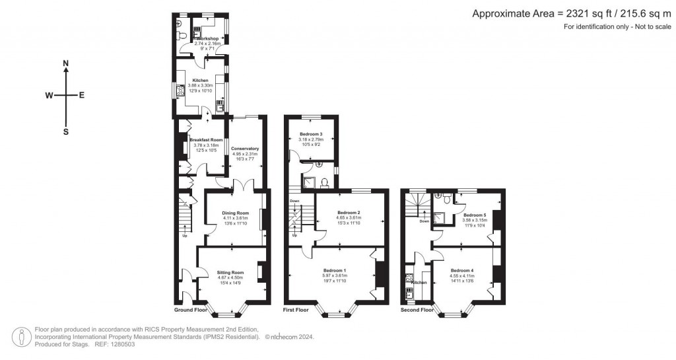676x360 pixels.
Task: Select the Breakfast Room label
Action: click(x=205, y=140)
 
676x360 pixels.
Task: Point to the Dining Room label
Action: click(x=234, y=213)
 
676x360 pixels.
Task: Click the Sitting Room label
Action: click(x=232, y=273)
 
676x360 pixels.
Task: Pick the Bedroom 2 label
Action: click(x=348, y=213)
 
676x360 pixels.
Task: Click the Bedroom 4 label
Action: click(x=462, y=271)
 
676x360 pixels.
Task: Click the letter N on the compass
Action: click(x=65, y=63)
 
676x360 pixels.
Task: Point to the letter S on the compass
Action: click(x=65, y=131)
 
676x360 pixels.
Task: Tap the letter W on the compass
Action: click(x=49, y=96)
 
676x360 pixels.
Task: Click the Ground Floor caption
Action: click(x=191, y=310)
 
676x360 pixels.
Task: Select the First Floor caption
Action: click(x=296, y=310)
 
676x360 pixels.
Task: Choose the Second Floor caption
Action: click(x=417, y=310)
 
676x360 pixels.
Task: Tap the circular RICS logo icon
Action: click(x=25, y=336)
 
